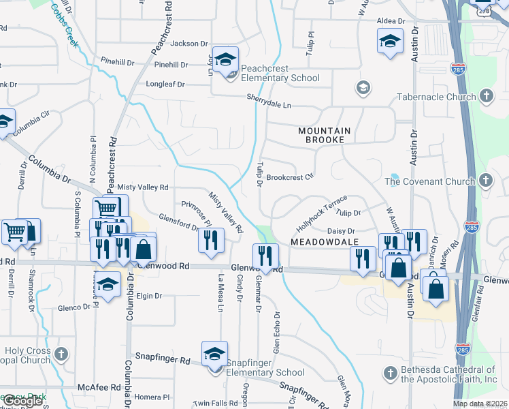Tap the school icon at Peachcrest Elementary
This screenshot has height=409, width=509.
click(225, 59)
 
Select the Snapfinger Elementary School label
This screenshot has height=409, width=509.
click(265, 367)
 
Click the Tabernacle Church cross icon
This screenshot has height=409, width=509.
click(486, 97)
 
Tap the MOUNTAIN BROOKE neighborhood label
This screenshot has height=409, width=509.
click(324, 134)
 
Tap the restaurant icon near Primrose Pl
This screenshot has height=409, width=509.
click(211, 239)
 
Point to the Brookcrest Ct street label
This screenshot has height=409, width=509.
click(289, 177)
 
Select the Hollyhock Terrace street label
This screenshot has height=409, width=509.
click(321, 213)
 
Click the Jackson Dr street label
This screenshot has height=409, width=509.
click(189, 44)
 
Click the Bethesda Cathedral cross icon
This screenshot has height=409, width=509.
click(389, 373)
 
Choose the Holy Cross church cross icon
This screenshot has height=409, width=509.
click(61, 354)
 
